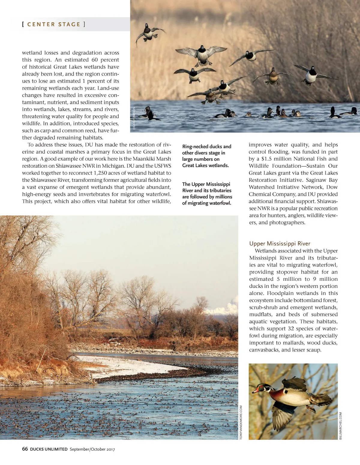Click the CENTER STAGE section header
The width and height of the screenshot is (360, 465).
(x=54, y=24)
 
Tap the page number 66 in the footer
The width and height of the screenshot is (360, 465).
(x=25, y=449)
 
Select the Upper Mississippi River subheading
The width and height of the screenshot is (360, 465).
(x=280, y=243)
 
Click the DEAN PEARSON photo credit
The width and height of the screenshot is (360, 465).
(x=134, y=118)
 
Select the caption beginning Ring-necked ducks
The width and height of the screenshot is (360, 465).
(x=206, y=156)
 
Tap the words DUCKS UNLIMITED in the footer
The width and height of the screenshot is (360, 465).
(x=49, y=449)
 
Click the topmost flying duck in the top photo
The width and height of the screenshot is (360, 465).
(x=149, y=34)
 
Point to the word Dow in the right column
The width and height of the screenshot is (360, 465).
(x=332, y=187)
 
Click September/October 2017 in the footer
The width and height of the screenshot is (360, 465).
(x=92, y=449)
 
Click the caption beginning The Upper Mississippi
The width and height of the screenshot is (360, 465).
(x=207, y=193)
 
